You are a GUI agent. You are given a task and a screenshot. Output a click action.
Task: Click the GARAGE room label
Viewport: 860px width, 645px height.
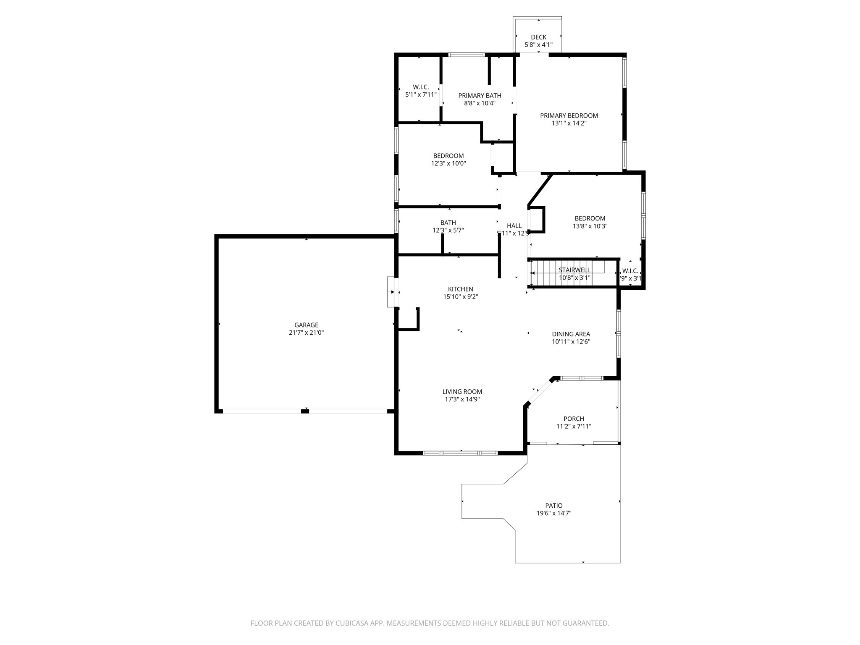(306, 325)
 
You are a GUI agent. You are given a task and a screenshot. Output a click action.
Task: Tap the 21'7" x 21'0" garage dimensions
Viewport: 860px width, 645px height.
(306, 333)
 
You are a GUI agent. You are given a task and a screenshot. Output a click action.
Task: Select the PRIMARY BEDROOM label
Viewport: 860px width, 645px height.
(569, 115)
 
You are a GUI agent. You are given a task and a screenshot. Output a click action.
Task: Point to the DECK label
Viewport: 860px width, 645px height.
(538, 37)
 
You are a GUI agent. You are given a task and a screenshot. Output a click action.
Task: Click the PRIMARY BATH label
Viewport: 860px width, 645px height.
(480, 96)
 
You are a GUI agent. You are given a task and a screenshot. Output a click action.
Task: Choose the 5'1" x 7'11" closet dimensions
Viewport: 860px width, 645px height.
(420, 95)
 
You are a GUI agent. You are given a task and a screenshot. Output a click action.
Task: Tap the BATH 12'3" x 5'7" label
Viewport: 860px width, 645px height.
(448, 226)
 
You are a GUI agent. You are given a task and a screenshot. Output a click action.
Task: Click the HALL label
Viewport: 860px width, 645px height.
(514, 226)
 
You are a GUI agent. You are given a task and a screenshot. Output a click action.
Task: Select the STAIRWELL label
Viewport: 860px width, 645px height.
(574, 270)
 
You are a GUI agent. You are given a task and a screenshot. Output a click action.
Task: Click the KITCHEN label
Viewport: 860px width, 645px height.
(460, 289)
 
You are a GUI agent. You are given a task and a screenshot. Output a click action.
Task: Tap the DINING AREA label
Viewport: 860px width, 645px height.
(571, 334)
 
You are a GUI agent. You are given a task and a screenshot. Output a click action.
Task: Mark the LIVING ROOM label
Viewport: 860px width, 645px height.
(462, 392)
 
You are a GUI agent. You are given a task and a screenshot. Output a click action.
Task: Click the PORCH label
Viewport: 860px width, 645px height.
(574, 419)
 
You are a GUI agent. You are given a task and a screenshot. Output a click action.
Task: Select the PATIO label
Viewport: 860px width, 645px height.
(553, 506)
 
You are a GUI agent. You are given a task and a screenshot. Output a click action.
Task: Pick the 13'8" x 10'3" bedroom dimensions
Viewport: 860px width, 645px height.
(590, 226)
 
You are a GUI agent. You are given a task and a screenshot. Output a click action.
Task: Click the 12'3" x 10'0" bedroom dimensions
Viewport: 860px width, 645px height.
(448, 163)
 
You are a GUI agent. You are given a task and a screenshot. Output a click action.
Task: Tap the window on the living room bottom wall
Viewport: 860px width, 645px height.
(460, 453)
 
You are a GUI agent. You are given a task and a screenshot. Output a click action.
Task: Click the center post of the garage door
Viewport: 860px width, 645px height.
(305, 411)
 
